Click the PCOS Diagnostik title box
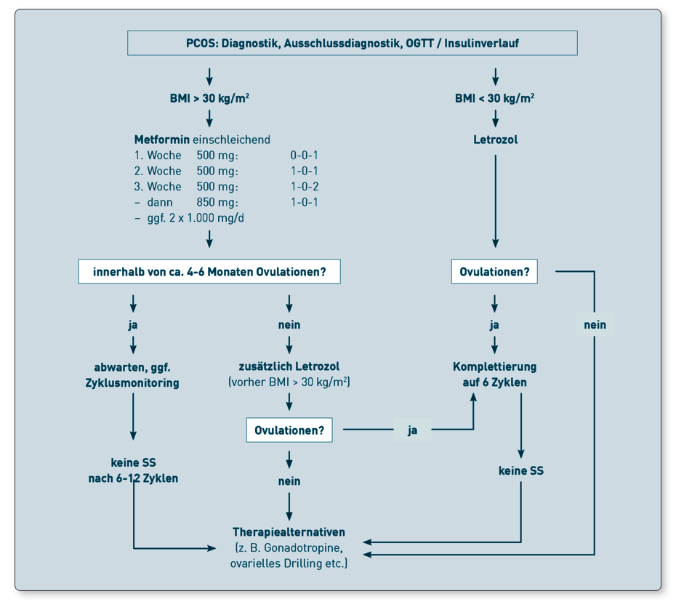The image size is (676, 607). pyautogui.click(x=353, y=43)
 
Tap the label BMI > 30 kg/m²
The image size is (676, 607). pyautogui.click(x=209, y=98)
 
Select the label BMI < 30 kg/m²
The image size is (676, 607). pyautogui.click(x=495, y=98)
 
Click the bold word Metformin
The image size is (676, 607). pyautogui.click(x=161, y=140)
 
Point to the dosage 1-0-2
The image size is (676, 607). pyautogui.click(x=305, y=187)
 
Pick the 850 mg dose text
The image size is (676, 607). pyautogui.click(x=217, y=202)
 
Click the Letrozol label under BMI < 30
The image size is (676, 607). pyautogui.click(x=495, y=140)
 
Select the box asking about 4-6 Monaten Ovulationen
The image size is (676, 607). pyautogui.click(x=209, y=272)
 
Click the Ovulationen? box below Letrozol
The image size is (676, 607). pyautogui.click(x=494, y=272)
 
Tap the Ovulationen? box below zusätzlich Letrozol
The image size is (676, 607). pyautogui.click(x=289, y=430)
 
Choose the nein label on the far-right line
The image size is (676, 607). pyautogui.click(x=595, y=325)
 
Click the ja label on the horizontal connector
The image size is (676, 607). pyautogui.click(x=413, y=430)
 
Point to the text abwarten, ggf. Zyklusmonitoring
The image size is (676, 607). pyautogui.click(x=132, y=375)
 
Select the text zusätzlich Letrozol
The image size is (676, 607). pyautogui.click(x=289, y=366)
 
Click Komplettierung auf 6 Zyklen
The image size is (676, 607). pyautogui.click(x=495, y=374)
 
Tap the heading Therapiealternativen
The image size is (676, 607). pyautogui.click(x=289, y=532)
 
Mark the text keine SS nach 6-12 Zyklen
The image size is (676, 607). pyautogui.click(x=133, y=470)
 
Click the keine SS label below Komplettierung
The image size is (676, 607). pyautogui.click(x=520, y=470)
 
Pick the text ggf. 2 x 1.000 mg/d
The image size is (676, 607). pyautogui.click(x=196, y=217)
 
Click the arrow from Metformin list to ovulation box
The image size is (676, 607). pyautogui.click(x=209, y=239)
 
